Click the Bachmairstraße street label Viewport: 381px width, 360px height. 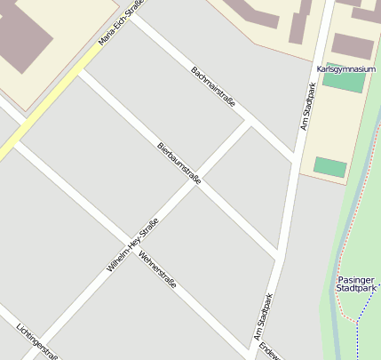point(213,87)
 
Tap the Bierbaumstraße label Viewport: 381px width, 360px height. point(179,164)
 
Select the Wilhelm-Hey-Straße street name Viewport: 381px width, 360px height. point(132,245)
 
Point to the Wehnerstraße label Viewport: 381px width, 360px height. point(157,270)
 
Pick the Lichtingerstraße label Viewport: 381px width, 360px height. point(36,341)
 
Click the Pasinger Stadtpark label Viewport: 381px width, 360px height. point(357,284)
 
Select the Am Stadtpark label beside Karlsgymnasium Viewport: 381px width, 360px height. point(307,107)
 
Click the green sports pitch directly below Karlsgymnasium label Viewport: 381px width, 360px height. point(343,83)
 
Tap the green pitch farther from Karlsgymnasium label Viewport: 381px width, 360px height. point(330,167)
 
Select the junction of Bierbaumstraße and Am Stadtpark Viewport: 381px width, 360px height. point(279,257)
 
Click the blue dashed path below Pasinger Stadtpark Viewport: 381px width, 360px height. point(357,332)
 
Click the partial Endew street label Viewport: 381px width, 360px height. point(271,352)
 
